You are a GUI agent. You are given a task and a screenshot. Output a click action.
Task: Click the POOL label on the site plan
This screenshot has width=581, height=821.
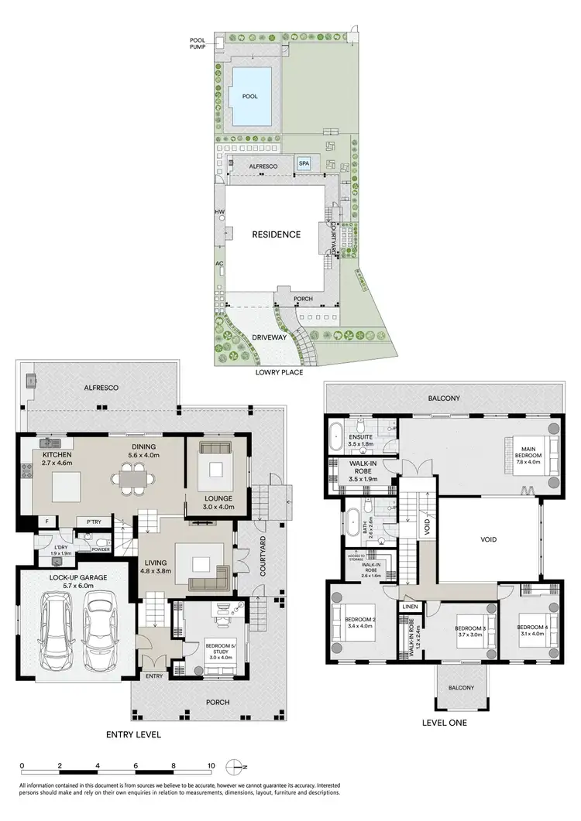tap(249, 97)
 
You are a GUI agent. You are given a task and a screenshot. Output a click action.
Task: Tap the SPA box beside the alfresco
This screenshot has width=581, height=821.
tap(304, 165)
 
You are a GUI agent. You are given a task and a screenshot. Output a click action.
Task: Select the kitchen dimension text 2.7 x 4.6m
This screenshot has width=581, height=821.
tap(56, 463)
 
